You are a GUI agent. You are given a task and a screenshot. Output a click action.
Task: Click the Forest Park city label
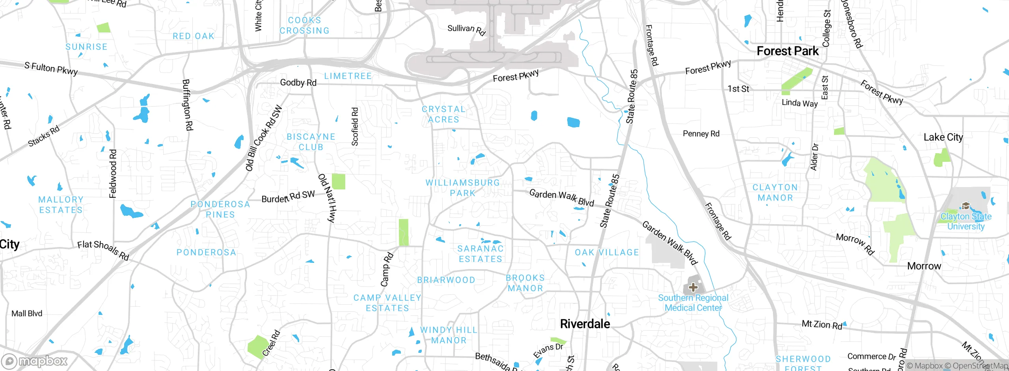[x=787, y=51]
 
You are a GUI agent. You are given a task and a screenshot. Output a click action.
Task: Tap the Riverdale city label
[x=585, y=324]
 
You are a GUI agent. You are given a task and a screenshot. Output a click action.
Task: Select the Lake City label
[x=943, y=137]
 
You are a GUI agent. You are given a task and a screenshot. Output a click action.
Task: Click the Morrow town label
[x=924, y=266]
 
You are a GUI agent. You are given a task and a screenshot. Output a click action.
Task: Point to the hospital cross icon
[x=693, y=287]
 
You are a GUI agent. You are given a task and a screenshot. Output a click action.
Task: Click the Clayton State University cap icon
[x=966, y=206]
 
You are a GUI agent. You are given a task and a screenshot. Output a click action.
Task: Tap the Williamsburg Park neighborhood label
[x=463, y=188]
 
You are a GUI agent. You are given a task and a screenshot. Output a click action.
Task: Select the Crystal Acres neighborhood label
[x=444, y=114]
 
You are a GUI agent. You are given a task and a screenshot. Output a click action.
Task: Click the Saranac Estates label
[x=480, y=253]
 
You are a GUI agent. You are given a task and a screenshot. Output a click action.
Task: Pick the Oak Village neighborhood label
[x=607, y=252]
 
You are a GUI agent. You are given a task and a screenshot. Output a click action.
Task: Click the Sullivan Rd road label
[x=466, y=30]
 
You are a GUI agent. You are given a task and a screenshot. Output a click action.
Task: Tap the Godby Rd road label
[x=298, y=82]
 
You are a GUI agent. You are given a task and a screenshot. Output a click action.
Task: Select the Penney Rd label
[x=701, y=133]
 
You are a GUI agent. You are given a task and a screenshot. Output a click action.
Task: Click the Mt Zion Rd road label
[x=822, y=324]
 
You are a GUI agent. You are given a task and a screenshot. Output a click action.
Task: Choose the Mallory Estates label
[x=61, y=204]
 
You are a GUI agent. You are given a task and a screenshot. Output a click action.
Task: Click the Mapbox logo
[x=35, y=361]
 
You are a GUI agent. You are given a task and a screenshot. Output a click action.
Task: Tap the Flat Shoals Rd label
[x=103, y=250]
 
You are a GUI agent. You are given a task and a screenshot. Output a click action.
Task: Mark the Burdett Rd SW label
[x=288, y=196]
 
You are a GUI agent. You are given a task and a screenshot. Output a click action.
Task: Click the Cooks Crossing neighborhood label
[x=304, y=25]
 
